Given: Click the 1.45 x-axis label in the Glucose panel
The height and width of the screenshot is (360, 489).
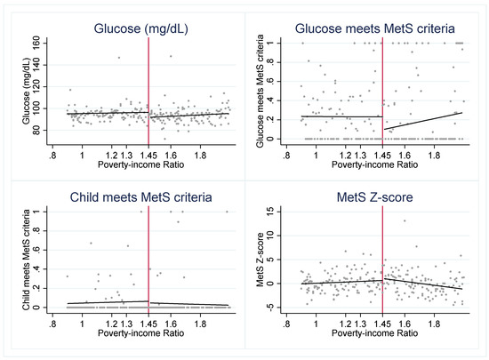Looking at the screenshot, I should click(146, 156).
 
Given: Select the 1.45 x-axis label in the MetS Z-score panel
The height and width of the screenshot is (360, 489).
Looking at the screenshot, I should click(383, 324).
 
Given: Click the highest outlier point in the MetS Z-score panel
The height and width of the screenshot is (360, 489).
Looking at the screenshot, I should click(405, 221).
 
